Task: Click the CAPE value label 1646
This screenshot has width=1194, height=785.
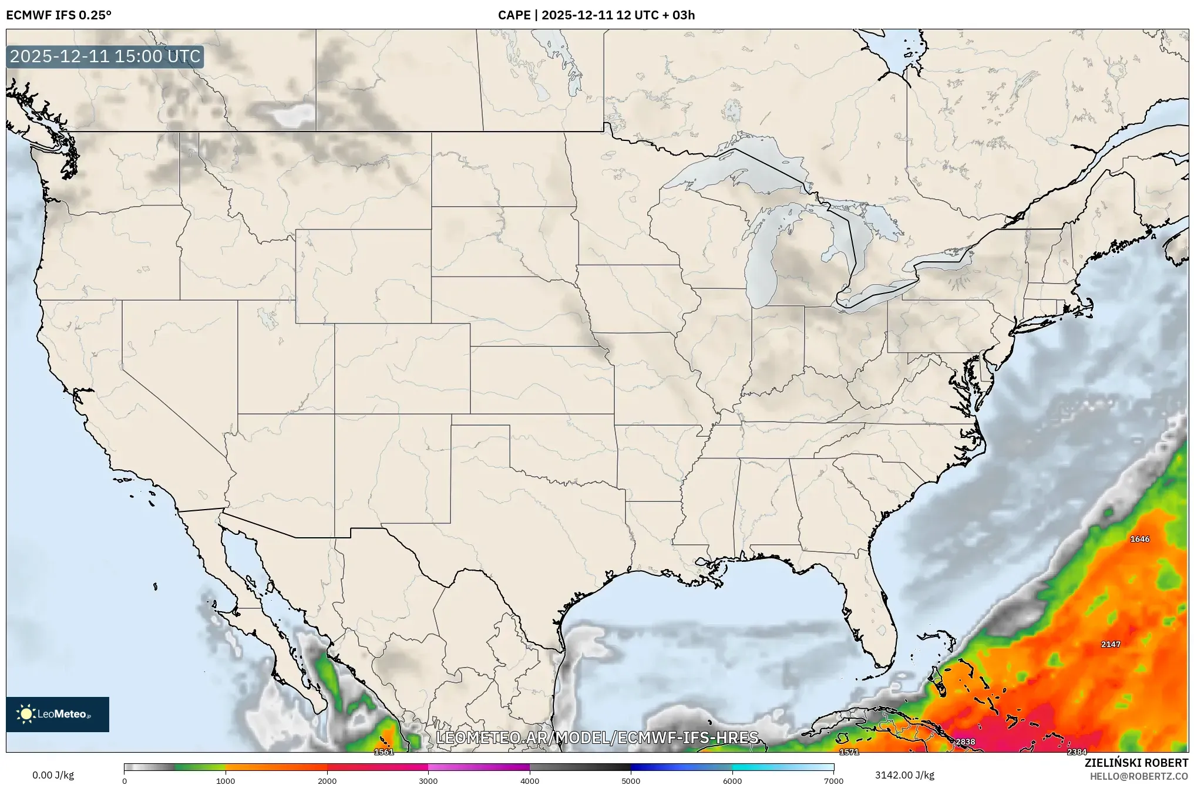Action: [1139, 539]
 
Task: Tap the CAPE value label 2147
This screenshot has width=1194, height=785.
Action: [1110, 644]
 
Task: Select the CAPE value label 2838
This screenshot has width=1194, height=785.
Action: [965, 742]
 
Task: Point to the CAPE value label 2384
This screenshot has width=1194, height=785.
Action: [1077, 752]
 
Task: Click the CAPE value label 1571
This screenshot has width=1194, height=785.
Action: [849, 752]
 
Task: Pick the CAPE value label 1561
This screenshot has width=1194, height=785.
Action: [384, 752]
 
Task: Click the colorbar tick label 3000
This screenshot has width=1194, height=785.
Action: [428, 781]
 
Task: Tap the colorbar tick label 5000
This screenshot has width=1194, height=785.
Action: [631, 781]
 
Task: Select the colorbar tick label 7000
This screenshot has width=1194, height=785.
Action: [833, 781]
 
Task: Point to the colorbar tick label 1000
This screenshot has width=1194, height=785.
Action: [226, 781]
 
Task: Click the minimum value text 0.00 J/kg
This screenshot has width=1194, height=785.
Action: [53, 775]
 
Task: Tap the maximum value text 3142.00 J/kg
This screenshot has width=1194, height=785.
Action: [904, 775]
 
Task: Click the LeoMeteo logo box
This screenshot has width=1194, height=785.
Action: [58, 714]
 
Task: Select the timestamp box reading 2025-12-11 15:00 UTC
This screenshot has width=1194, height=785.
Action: [105, 56]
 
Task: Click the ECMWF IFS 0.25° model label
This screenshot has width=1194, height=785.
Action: [59, 15]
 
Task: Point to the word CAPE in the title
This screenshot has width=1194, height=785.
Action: [514, 15]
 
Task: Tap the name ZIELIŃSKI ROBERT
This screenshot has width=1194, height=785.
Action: [1136, 763]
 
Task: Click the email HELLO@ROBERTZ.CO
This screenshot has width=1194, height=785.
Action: [1139, 776]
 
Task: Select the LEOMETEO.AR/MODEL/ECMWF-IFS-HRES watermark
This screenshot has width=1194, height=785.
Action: [597, 737]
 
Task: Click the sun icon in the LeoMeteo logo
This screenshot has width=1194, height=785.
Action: [26, 714]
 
